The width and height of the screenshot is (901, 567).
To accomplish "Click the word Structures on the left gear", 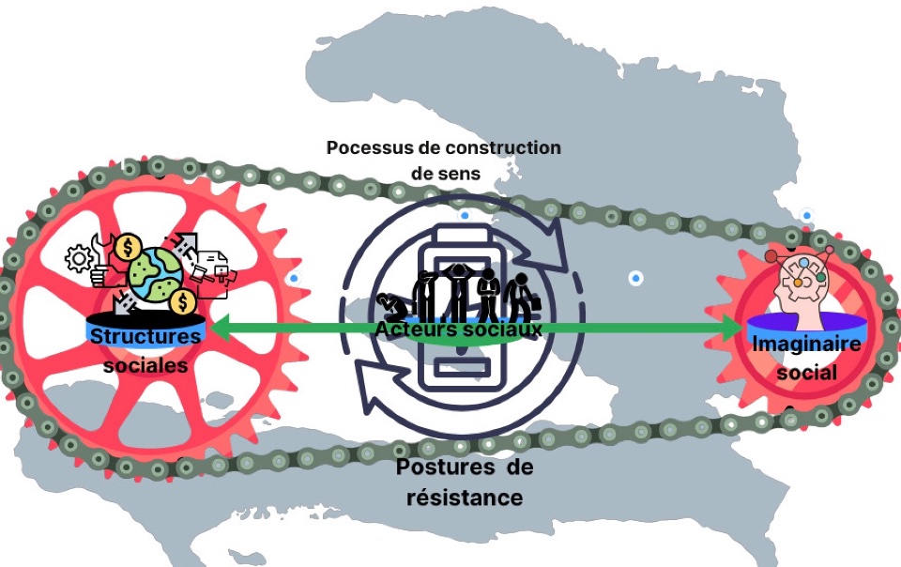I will tap(146, 335).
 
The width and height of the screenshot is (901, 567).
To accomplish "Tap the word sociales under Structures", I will tap(145, 365).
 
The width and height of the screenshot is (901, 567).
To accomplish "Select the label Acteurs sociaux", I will tap(458, 329).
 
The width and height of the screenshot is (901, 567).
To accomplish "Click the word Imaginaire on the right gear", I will tap(794, 344).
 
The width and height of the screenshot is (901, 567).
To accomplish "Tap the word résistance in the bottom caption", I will tap(465, 497).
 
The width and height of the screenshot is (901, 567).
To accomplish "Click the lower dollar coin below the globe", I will tap(184, 302).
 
